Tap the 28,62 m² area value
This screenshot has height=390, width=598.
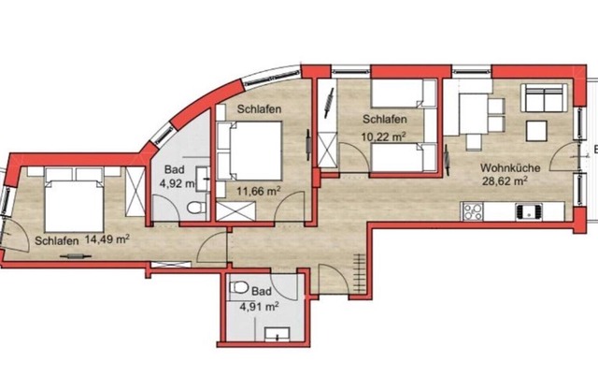pos(505,181)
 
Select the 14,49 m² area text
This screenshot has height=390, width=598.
pos(107,239)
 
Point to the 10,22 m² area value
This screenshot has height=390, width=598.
pos(383,137)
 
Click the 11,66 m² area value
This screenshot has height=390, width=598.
pos(259,191)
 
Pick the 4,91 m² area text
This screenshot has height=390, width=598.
pos(259,307)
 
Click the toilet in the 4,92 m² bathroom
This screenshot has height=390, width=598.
pos(197,208)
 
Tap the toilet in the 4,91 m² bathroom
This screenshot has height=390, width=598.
pos(239,287)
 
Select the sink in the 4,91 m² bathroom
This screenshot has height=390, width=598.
pos(278,334)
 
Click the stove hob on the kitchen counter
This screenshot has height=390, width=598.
pos(473,211)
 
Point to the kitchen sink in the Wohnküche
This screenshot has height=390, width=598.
pos(529,211)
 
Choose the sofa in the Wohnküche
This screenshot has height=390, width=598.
pos(544,98)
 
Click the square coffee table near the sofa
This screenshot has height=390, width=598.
pos(537,131)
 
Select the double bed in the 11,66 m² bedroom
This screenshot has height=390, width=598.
pos(249,151)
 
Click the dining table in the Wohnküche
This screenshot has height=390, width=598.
pos(473,114)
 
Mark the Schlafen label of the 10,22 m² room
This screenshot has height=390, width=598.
pos(384,119)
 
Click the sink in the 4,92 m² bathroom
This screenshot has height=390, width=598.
pos(203,179)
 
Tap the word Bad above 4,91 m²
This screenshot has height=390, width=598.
pos(262,292)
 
